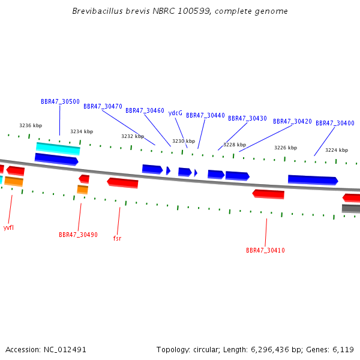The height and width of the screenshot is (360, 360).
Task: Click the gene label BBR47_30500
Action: coord(60,101)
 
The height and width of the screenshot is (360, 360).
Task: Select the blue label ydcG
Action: coord(175,113)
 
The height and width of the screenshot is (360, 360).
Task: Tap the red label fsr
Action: coord(117,238)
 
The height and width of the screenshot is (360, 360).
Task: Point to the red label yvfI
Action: coord(8,227)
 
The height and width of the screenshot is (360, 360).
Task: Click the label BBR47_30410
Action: coord(265,250)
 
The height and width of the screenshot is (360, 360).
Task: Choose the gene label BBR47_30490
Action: coord(78,235)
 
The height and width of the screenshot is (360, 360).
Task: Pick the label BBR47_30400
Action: coord(335,123)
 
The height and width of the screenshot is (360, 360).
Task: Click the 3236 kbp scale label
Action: coord(31,125)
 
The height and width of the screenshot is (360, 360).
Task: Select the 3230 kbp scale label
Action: coord(184,141)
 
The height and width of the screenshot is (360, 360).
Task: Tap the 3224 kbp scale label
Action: coord(337,150)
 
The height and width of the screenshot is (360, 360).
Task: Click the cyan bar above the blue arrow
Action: coord(58,149)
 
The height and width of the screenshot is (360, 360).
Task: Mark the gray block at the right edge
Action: coord(351,208)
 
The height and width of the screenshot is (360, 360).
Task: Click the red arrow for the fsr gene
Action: coord(122,183)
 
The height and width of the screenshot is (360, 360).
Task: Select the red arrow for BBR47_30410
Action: coord(268,194)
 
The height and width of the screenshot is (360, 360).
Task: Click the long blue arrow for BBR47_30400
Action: coord(313,180)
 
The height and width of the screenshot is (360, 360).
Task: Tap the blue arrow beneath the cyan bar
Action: coord(56,159)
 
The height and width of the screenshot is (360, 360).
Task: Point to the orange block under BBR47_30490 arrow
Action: coord(83,190)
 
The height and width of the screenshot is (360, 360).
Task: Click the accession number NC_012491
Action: coord(65,350)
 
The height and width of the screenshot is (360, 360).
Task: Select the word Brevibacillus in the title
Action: coord(98,11)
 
